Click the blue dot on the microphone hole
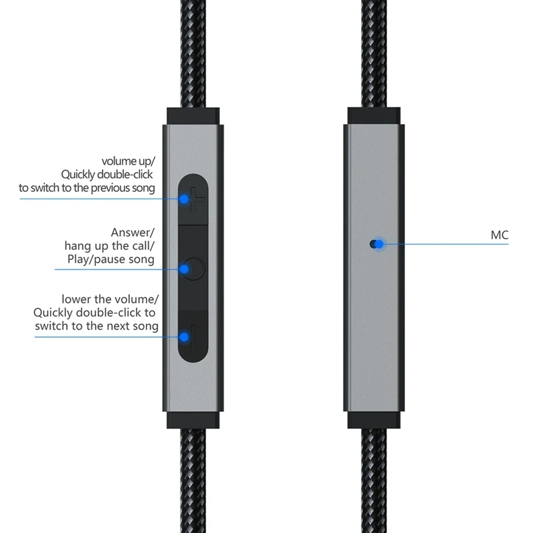pyautogui.click(x=378, y=245)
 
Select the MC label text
pyautogui.click(x=500, y=235)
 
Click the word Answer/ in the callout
pyautogui.click(x=133, y=233)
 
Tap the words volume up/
pyautogui.click(x=128, y=161)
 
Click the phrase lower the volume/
pyautogui.click(x=108, y=299)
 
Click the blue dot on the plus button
pyautogui.click(x=184, y=199)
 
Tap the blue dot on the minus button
pyautogui.click(x=184, y=337)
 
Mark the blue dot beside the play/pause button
pyautogui.click(x=183, y=269)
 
